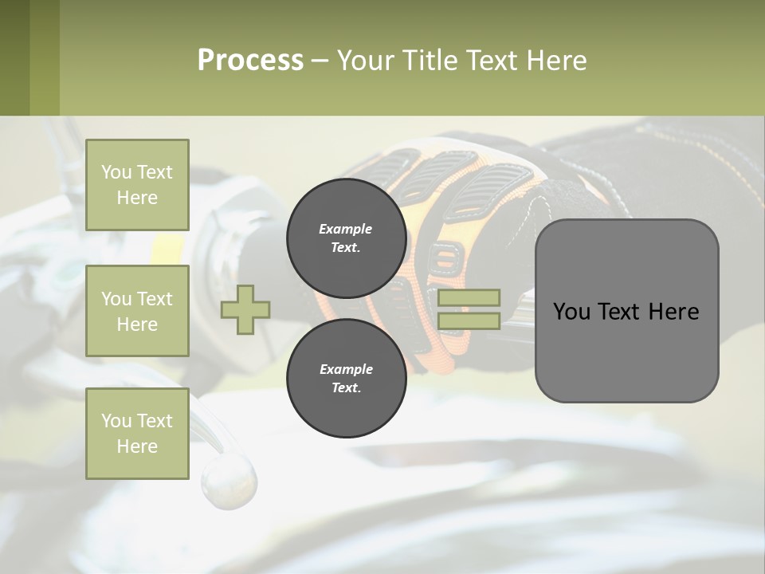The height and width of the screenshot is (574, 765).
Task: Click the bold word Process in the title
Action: point(250,61)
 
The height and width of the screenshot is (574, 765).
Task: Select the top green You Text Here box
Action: point(137,185)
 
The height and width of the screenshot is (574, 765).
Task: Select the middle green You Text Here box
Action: point(137,311)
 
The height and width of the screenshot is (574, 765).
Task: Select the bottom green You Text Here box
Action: point(137,433)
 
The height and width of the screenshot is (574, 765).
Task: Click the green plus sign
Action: point(245,309)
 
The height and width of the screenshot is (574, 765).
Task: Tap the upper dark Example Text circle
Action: point(346,238)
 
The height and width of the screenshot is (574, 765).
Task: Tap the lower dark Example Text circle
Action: point(346,378)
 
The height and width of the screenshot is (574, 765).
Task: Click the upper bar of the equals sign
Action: point(469,297)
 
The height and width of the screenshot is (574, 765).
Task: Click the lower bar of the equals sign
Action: point(469,320)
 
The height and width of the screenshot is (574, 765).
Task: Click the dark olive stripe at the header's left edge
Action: point(14,57)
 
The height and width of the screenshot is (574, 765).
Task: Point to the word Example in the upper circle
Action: point(346,229)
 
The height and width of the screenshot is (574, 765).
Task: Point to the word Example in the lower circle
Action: point(346,369)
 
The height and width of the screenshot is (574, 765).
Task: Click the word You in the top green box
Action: point(116,172)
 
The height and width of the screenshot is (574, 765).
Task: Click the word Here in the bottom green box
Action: point(137,446)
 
